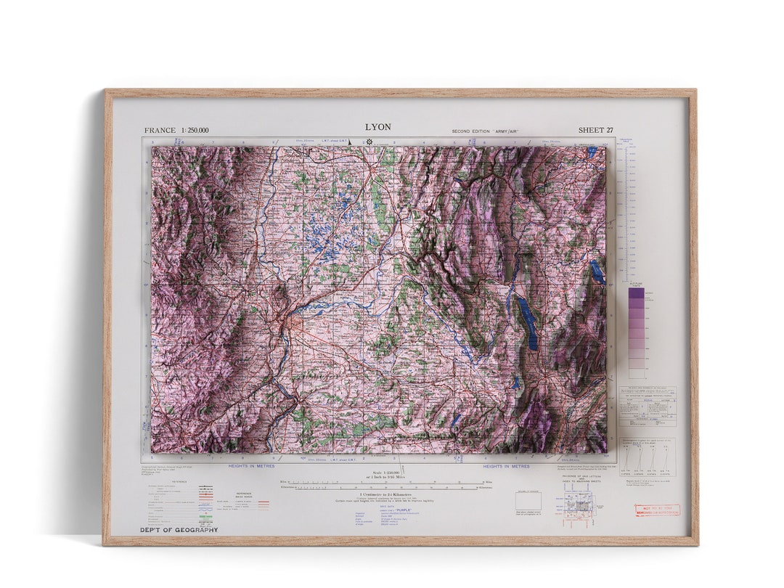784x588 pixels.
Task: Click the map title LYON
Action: pos(377,127)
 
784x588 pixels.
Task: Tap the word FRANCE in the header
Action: pos(160,131)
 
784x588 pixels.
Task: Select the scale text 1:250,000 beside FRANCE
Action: pos(194,131)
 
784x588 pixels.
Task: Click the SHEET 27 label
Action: pos(595,131)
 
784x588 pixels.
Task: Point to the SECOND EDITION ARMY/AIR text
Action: pos(485,131)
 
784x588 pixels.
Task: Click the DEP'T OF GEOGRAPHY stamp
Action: pos(179,530)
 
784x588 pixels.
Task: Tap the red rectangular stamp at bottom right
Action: pos(657,510)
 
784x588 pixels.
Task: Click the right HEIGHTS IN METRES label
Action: pos(506,466)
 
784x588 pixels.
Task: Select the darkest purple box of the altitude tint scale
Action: pos(636,293)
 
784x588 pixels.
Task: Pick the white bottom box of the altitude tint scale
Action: pos(636,373)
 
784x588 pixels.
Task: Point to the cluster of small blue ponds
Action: pos(327,232)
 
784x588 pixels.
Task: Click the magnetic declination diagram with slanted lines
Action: pos(647,457)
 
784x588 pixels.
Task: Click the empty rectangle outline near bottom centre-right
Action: pos(528,500)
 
